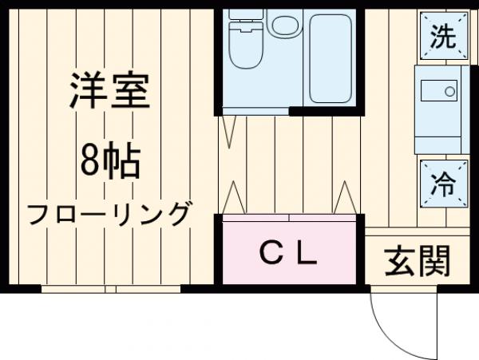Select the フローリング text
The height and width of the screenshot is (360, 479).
pos(109,213)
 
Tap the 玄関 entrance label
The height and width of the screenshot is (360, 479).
pos(418,260)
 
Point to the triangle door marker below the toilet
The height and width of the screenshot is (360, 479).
pos(229,132)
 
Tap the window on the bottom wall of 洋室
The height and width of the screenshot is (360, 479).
pos(112,288)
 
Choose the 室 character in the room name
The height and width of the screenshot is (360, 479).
pos(130,93)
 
